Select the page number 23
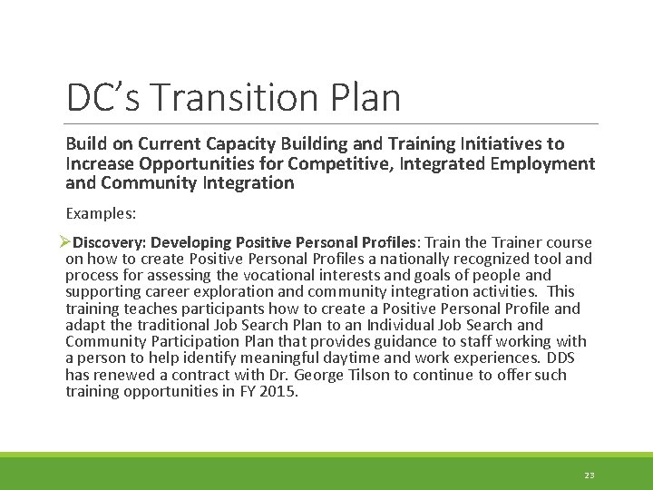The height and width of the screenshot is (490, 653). [x=590, y=475]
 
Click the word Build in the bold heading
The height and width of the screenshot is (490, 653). [x=84, y=143]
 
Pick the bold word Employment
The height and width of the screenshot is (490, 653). [x=544, y=163]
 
